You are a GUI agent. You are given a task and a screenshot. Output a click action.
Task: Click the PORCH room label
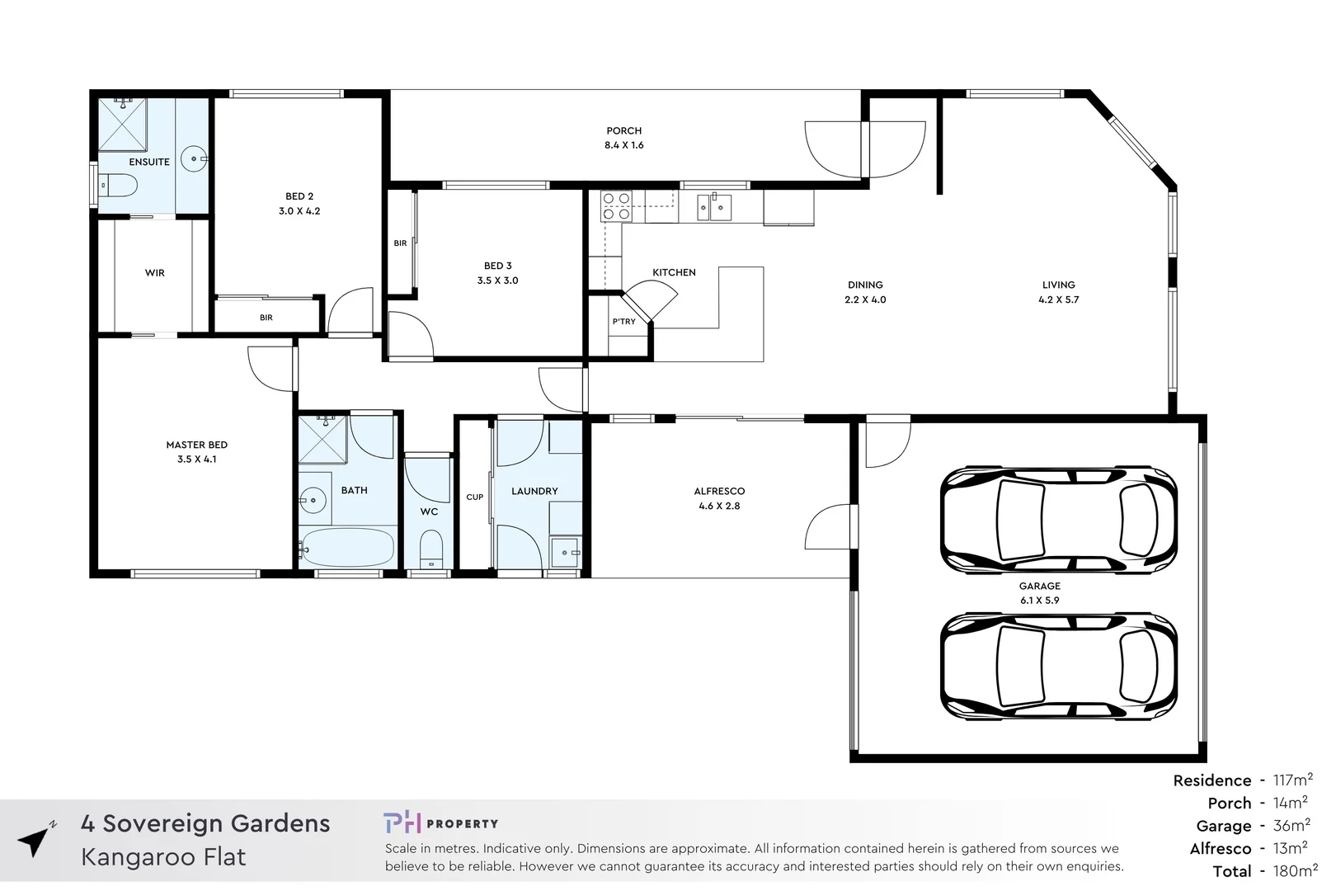click(623, 130)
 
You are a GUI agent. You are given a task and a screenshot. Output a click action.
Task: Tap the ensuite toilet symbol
click(119, 186)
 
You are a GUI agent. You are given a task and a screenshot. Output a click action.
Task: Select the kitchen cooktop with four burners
click(616, 206)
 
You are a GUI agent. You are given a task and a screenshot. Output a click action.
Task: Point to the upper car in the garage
click(1058, 521)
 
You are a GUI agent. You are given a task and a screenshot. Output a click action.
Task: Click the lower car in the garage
click(1058, 667)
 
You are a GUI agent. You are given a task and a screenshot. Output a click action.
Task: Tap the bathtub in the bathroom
click(347, 546)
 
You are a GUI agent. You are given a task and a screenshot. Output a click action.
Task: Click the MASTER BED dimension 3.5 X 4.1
click(196, 460)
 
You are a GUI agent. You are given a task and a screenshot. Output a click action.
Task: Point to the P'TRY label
click(623, 322)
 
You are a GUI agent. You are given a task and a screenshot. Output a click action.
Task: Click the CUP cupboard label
click(475, 497)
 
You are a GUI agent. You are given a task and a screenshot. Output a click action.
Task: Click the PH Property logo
click(440, 823)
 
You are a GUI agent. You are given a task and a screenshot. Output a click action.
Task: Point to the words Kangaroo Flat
click(163, 857)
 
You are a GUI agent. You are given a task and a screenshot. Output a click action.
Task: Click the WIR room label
click(155, 273)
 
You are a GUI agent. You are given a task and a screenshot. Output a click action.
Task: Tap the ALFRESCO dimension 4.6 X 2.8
click(719, 506)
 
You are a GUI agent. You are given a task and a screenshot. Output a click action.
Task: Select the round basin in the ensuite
click(195, 158)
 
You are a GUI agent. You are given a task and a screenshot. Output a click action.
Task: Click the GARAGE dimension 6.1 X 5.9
click(1039, 601)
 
